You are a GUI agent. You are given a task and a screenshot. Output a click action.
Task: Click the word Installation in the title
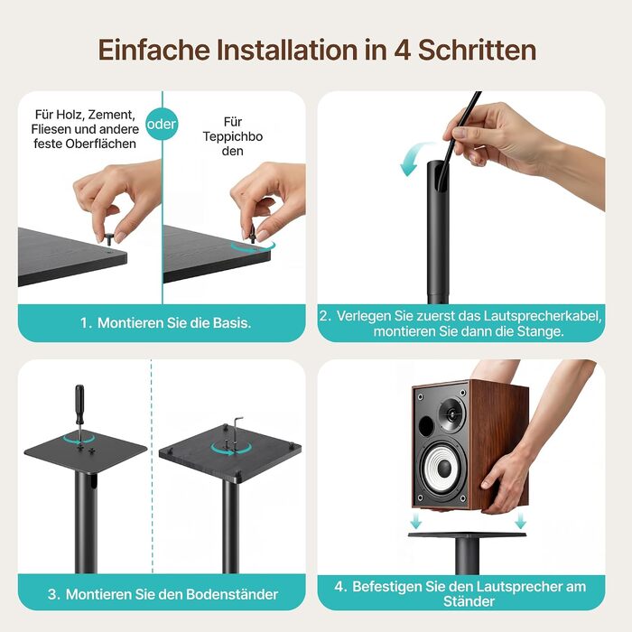(287, 50)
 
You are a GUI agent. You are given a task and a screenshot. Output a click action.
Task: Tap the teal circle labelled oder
(162, 125)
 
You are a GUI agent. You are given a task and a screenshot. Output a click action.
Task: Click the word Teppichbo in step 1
(233, 136)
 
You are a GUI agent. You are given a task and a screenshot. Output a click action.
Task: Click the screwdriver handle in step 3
(79, 403)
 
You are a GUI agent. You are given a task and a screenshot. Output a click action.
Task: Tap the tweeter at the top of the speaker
(451, 414)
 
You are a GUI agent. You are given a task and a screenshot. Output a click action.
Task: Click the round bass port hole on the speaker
(425, 425)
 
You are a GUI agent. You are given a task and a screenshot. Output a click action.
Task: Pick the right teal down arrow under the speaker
(520, 520)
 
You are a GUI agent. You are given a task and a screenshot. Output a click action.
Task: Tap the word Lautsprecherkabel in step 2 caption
(543, 316)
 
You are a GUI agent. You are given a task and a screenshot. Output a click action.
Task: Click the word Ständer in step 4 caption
(469, 602)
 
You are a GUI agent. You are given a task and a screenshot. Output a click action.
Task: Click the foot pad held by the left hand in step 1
(109, 237)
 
